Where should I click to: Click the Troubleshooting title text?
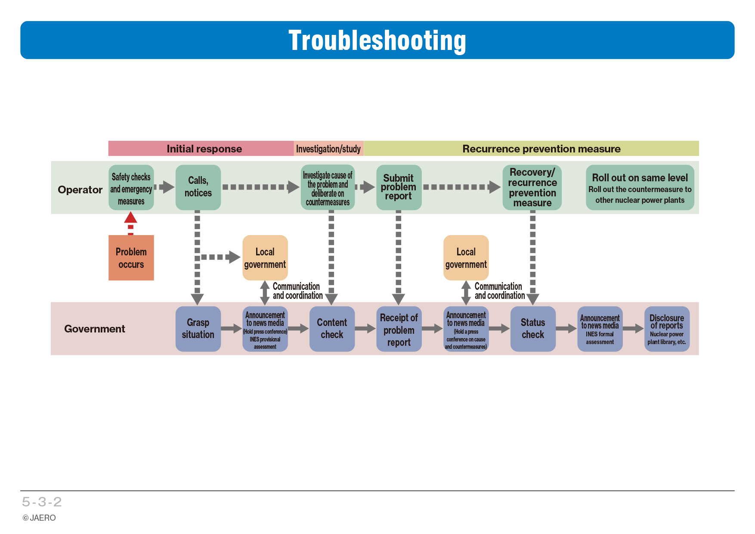[377, 41]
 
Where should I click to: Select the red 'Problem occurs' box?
[131, 258]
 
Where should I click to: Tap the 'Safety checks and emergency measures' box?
[131, 187]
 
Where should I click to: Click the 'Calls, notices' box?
[198, 187]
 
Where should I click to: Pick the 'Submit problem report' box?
[399, 187]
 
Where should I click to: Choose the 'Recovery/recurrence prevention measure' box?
[532, 187]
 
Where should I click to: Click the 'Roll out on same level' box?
[640, 187]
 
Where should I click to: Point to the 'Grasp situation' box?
[198, 329]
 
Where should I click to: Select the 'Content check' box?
[332, 329]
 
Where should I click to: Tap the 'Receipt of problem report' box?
[399, 329]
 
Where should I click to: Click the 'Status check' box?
[533, 329]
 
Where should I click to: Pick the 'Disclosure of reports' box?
[667, 329]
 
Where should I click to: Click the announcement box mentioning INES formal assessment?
[600, 329]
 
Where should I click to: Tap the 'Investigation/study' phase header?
[329, 149]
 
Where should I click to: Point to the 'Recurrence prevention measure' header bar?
[532, 149]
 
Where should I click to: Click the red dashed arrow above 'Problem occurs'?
[131, 223]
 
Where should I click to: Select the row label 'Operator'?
[80, 190]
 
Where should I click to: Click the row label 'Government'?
[95, 329]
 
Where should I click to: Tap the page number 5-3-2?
[42, 502]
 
